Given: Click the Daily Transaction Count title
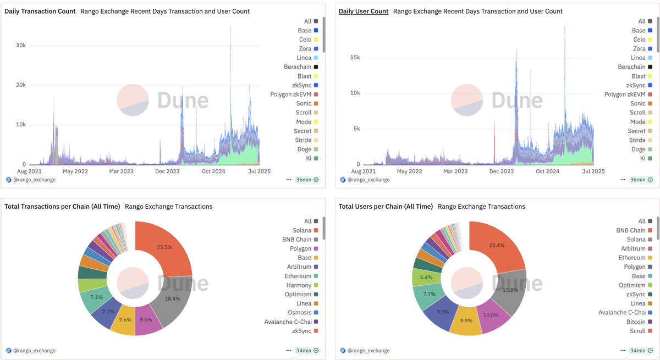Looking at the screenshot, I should point(40,11).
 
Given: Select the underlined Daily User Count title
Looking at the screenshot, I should point(364,11).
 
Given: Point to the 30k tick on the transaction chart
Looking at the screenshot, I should point(20,45).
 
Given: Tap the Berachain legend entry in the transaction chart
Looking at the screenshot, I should point(298,67).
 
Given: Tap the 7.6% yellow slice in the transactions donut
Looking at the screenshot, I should point(124,319).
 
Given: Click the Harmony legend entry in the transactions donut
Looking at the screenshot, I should point(299,285).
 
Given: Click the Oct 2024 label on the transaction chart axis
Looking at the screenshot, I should point(214,171).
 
